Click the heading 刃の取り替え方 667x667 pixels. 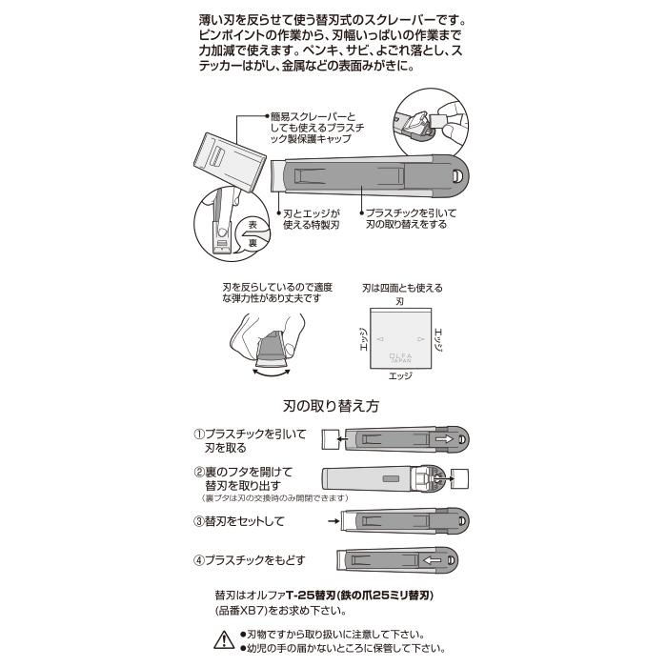(x=332, y=406)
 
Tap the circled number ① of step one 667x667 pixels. (x=199, y=434)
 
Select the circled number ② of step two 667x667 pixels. (x=199, y=472)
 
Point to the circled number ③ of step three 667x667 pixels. (x=199, y=521)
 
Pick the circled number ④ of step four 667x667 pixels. (x=199, y=559)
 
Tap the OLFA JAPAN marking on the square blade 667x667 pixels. (x=398, y=355)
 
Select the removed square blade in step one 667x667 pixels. (x=331, y=438)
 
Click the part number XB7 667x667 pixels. (x=257, y=612)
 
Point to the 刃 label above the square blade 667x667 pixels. (x=398, y=300)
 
